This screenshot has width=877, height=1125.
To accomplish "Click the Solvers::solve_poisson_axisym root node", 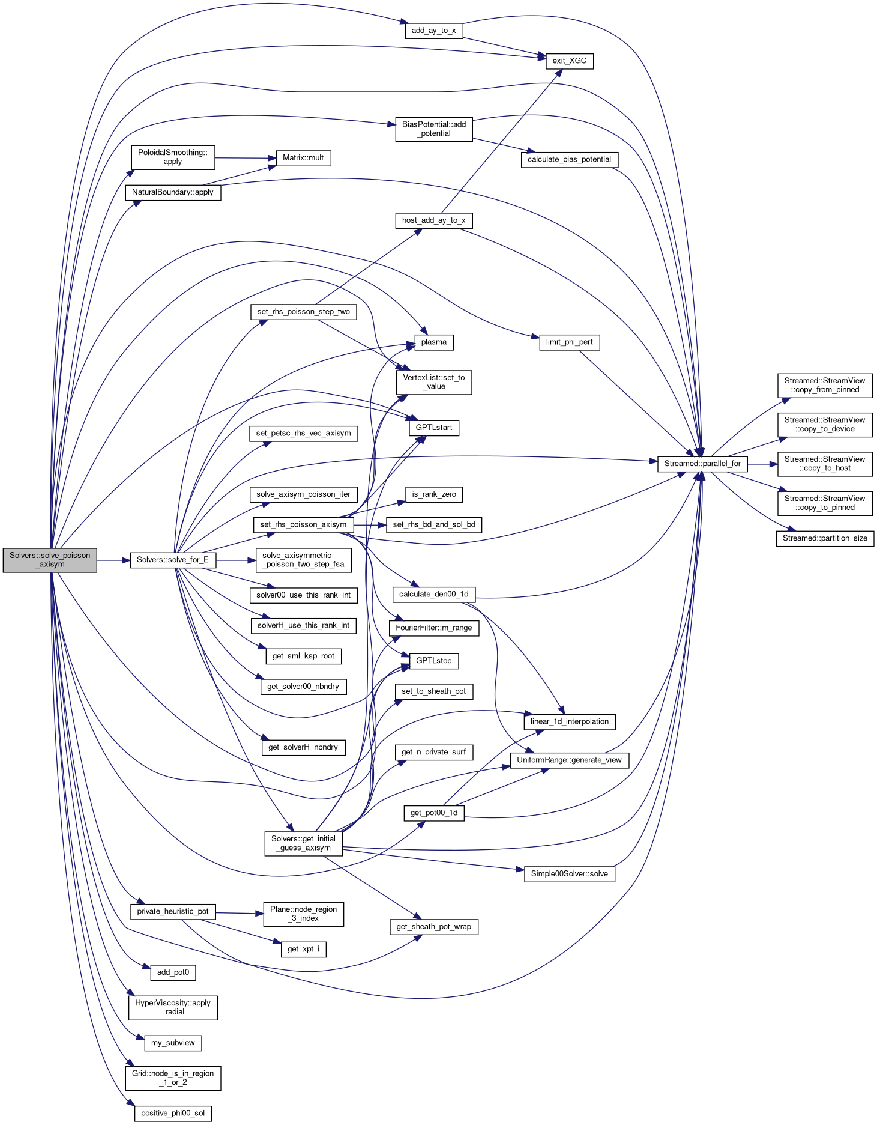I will [x=50, y=560].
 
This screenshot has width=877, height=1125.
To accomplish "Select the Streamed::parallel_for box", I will [x=702, y=464].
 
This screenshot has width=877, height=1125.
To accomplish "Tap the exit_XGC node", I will [x=569, y=61].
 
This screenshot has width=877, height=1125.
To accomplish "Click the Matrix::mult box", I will [x=303, y=158].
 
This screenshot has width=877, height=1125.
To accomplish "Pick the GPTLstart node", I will [x=434, y=428].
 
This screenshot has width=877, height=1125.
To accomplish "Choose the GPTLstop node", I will [x=434, y=661].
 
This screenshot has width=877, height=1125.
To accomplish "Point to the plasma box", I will [x=434, y=342].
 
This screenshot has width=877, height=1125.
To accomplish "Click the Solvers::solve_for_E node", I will [x=173, y=560].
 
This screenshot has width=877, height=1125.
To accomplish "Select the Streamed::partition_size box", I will [x=825, y=538].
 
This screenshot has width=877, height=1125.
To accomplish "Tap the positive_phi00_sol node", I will [x=173, y=1113].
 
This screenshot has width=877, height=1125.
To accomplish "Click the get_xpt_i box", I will [x=303, y=949].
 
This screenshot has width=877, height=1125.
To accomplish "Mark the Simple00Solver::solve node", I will [x=569, y=873].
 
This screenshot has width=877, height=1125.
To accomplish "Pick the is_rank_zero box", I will [x=434, y=494].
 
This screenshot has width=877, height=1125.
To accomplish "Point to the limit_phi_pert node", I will [x=569, y=342].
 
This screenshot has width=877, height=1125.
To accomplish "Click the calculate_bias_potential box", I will [x=569, y=160].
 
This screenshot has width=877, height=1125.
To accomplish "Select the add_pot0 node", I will [x=173, y=972].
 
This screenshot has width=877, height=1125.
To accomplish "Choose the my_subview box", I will [x=173, y=1043].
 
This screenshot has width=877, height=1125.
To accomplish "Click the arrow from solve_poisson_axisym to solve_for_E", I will [x=113, y=560].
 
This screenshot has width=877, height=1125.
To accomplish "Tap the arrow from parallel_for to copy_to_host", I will [x=762, y=464].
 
